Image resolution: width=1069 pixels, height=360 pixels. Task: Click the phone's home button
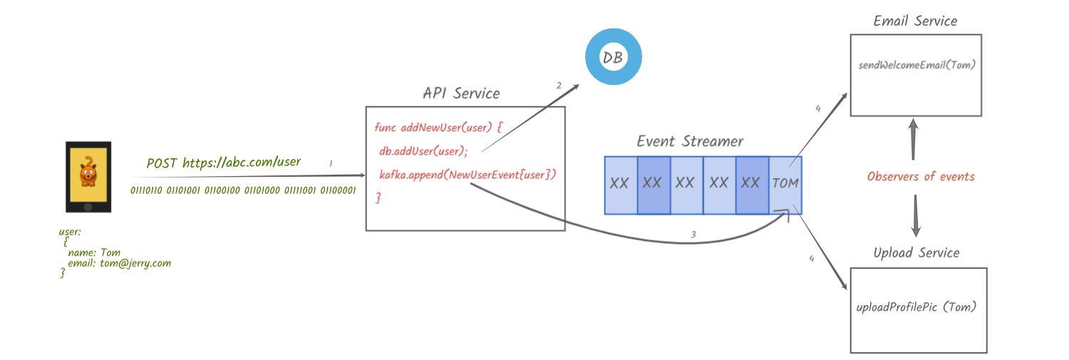(x=88, y=207)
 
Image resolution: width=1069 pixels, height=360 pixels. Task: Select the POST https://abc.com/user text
(x=223, y=163)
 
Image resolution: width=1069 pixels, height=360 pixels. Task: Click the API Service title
(x=461, y=93)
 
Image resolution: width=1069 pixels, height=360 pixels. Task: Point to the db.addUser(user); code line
(x=423, y=150)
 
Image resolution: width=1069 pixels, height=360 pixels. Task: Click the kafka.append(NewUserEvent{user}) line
(x=466, y=174)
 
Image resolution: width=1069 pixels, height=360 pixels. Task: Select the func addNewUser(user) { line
(x=438, y=128)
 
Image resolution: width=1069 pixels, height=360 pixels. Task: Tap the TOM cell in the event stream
(x=785, y=183)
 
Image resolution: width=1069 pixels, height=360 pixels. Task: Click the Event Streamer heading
(x=689, y=141)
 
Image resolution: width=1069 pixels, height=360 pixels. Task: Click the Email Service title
(x=915, y=21)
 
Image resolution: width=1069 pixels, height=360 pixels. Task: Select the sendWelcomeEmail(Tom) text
(x=916, y=65)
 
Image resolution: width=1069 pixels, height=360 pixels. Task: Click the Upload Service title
(x=916, y=253)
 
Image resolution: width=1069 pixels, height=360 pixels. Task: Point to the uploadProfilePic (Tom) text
(x=916, y=308)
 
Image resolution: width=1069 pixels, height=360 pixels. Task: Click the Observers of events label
(x=921, y=176)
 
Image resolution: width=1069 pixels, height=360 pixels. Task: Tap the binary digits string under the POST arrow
(x=242, y=190)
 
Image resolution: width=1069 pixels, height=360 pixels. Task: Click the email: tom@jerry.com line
(x=119, y=263)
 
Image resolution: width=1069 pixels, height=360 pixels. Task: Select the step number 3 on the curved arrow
(x=693, y=233)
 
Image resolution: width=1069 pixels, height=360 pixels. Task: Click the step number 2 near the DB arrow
(x=559, y=85)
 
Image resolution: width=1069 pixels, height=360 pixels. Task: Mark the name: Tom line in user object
(x=94, y=252)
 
